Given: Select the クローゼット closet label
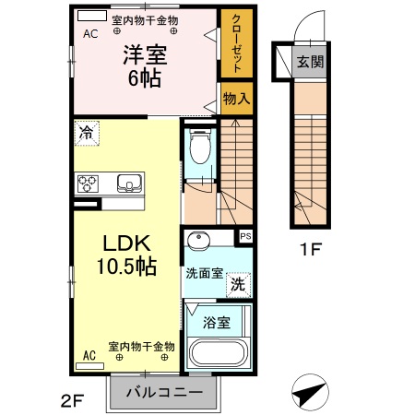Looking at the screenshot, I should click(236, 44).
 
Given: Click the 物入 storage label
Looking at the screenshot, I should click(236, 97).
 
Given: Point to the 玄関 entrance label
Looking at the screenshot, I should click(309, 62).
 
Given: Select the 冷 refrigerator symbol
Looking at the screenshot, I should click(87, 133).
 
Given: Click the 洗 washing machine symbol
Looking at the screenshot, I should click(238, 285).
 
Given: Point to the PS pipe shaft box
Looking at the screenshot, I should click(245, 237).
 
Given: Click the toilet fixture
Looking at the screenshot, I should click(199, 147).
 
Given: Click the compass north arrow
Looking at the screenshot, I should click(312, 394).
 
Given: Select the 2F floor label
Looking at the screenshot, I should click(73, 399).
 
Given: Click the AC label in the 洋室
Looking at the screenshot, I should click(90, 34).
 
